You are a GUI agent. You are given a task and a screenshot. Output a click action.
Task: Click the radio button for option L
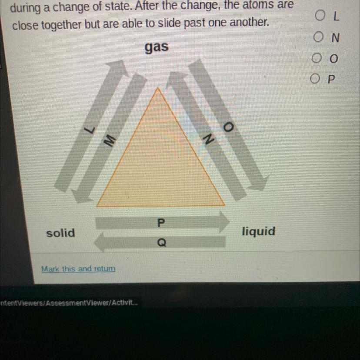pos(320,16)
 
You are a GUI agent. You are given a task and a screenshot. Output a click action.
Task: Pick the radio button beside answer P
pos(316,79)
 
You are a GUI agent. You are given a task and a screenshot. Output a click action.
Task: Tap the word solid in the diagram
pos(60,233)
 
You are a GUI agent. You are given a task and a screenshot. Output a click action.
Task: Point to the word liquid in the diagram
pos(258,231)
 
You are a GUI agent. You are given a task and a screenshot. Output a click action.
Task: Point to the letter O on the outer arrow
pos(229,127)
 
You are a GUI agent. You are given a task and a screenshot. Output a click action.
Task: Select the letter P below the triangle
pos(161,223)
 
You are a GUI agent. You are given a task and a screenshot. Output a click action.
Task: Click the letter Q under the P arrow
pos(161,243)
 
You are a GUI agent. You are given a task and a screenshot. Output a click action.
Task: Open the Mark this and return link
pos(78,269)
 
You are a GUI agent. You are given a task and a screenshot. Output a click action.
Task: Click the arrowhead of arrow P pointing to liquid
pos(223,222)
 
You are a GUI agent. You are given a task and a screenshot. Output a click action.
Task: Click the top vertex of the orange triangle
pos(158,88)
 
